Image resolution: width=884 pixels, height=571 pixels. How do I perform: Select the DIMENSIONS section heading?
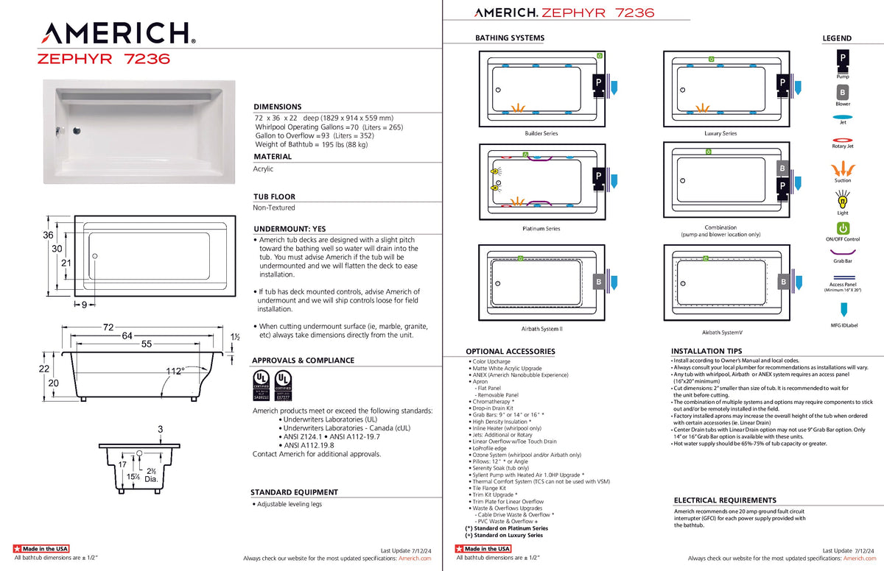pos(277,107)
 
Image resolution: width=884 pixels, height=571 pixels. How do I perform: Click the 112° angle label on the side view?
pos(175,371)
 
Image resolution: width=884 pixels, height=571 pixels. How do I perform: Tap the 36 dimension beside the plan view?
pos(48,235)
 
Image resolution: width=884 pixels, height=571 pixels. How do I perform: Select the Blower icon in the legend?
pos(842,92)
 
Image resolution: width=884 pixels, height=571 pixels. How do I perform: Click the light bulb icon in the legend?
pos(843,199)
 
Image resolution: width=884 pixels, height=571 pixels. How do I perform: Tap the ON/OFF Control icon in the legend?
pos(843,228)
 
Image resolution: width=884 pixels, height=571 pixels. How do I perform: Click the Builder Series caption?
pos(541,133)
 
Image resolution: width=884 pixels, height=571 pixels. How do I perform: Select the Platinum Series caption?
pos(541,228)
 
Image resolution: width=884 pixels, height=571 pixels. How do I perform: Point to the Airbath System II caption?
pos(541,328)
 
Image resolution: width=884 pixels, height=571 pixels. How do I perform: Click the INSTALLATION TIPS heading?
pos(706,351)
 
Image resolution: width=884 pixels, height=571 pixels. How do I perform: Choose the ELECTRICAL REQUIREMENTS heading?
pos(725,500)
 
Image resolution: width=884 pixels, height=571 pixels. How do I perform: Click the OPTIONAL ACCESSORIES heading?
pos(510,351)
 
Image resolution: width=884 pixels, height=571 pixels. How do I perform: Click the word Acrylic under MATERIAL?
pos(263,169)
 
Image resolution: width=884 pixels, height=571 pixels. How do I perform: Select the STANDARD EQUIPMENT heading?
pos(294,492)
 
